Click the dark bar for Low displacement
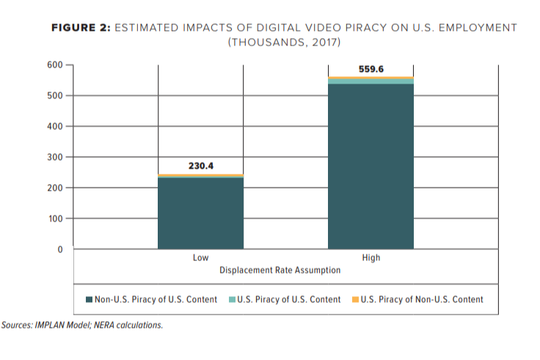200,213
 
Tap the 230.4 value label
200,166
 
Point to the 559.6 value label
371,69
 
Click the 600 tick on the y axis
55,65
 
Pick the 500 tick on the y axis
55,96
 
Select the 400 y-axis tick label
55,127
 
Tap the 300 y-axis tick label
55,158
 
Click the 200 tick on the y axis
55,188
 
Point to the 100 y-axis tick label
55,219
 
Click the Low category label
200,258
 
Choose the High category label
371,258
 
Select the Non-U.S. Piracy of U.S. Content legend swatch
90,300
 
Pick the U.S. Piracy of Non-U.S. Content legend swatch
355,300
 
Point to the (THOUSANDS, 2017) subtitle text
285,42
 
